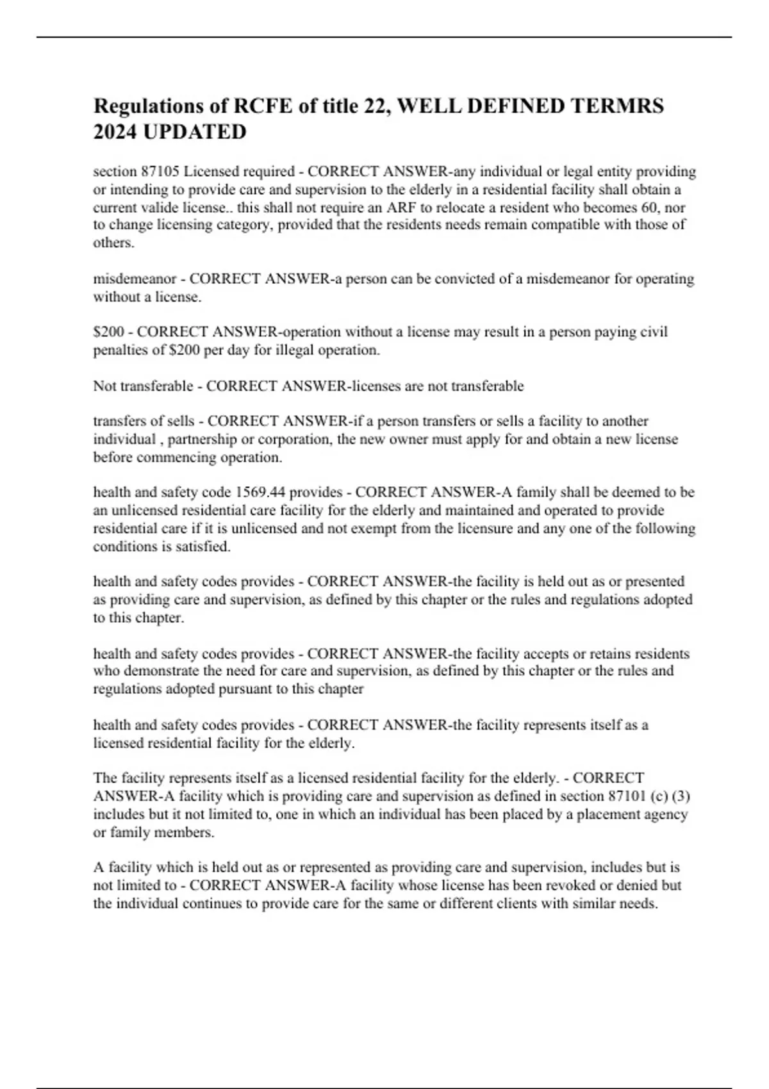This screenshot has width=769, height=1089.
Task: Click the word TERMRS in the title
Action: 617,106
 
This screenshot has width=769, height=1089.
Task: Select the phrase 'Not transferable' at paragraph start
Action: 143,386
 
